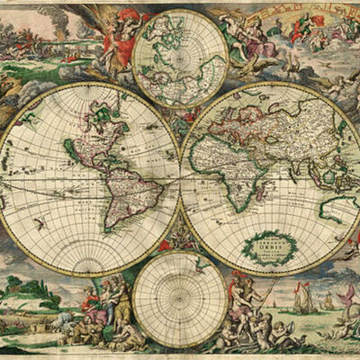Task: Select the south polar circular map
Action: click(180, 300)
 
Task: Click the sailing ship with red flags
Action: click(306, 297)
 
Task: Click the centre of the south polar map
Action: click(180, 300)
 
